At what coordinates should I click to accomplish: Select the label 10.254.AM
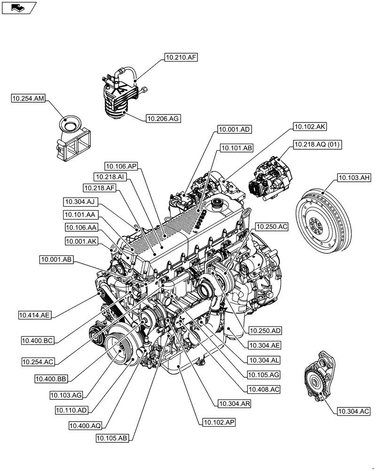(x=28, y=98)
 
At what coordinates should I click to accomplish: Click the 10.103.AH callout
(x=354, y=178)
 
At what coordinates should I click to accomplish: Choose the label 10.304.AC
(x=353, y=411)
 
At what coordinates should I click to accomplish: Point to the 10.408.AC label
(x=262, y=390)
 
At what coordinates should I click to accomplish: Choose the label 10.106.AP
(x=121, y=165)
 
